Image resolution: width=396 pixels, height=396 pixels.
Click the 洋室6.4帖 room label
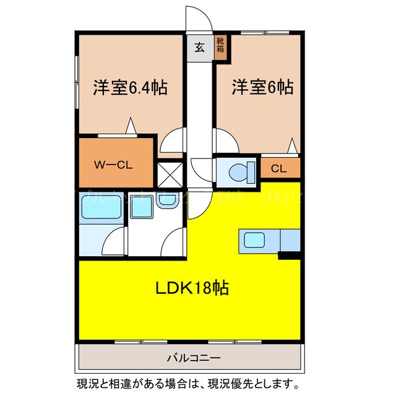click(x=130, y=88)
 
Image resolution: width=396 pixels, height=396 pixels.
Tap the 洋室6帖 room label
click(x=262, y=88)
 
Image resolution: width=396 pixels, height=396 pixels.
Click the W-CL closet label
click(x=114, y=165)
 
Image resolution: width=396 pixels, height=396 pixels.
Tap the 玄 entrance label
click(x=200, y=48)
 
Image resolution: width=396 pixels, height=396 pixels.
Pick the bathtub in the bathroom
click(x=102, y=208)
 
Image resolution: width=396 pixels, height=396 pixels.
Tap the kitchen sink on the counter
click(x=255, y=239)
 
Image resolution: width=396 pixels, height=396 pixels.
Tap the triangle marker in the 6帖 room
click(x=293, y=146)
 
